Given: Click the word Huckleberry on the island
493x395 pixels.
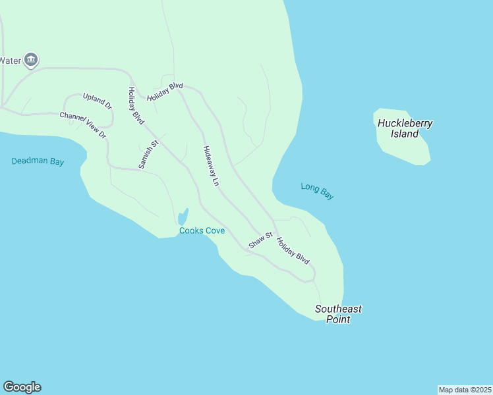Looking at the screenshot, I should click(405, 123).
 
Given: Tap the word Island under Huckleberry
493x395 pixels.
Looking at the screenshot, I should click(405, 134).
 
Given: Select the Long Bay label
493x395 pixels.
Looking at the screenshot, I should click(317, 191).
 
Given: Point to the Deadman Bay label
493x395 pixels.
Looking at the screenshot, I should click(38, 161).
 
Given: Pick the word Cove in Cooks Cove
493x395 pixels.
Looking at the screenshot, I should click(214, 231).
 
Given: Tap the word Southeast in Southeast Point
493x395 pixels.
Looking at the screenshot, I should click(338, 309).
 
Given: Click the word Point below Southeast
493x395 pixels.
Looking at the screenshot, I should click(338, 319).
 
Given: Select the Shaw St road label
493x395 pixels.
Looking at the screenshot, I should click(260, 240).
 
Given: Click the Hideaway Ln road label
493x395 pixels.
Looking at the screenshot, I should click(210, 167).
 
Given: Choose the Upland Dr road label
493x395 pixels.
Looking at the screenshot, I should click(98, 101).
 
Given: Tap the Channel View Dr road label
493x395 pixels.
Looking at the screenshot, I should click(83, 124).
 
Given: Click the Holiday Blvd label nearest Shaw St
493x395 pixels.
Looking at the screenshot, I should click(293, 251).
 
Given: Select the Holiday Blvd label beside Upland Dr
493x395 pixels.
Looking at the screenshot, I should click(136, 105).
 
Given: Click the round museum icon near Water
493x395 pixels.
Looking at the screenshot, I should click(31, 61).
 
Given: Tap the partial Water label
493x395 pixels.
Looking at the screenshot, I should click(11, 61).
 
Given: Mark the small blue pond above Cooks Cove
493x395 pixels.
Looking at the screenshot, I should click(183, 217).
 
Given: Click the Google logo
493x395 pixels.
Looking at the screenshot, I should click(22, 387).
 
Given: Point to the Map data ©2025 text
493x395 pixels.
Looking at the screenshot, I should click(465, 390).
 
